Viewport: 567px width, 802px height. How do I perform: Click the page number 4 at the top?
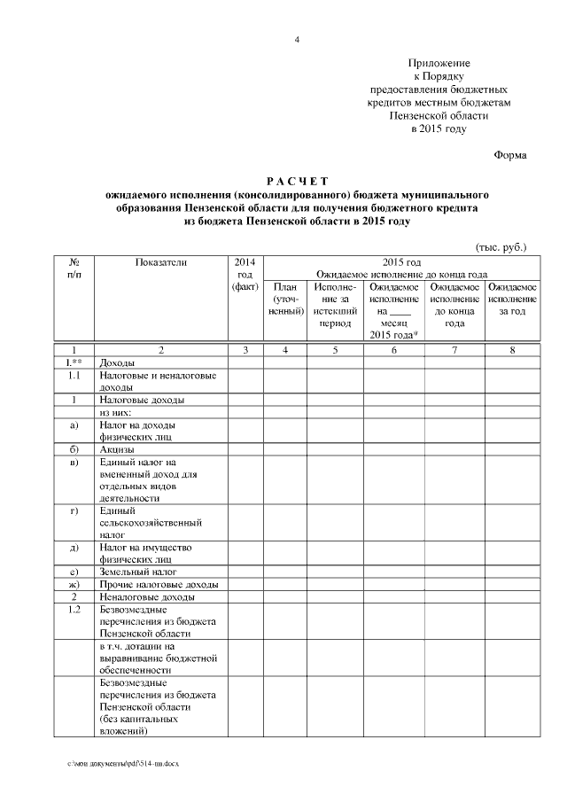[297, 40]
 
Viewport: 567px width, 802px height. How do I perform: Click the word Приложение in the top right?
[439, 64]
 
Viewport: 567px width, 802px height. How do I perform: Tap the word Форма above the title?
[509, 156]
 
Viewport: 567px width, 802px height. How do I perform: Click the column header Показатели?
[160, 262]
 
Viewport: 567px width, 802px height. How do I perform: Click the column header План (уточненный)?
[285, 300]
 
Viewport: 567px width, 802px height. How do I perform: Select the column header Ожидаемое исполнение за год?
[512, 300]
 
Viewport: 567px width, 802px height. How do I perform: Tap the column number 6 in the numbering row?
[394, 351]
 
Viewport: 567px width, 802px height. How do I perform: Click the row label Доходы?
[118, 363]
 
